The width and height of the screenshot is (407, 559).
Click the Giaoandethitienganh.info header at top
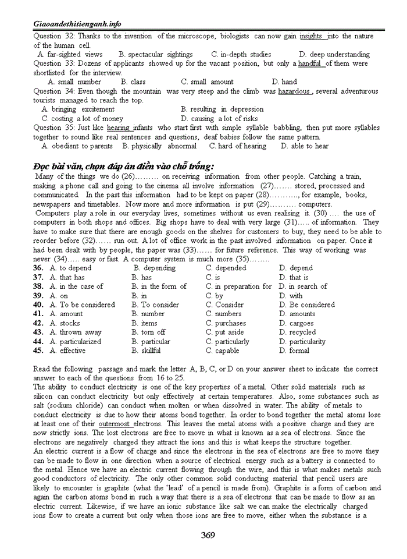77,24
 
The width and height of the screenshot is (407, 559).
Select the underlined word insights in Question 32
311,36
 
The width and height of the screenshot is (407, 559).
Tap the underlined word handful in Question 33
310,63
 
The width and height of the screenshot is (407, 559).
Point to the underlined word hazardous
294,91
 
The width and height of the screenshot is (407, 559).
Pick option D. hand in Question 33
285,82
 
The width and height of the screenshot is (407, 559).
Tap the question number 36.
38,268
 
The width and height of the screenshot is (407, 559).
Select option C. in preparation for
238,286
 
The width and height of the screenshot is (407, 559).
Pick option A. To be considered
83,305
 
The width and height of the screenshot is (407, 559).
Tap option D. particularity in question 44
302,342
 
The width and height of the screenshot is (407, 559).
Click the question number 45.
38,351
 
